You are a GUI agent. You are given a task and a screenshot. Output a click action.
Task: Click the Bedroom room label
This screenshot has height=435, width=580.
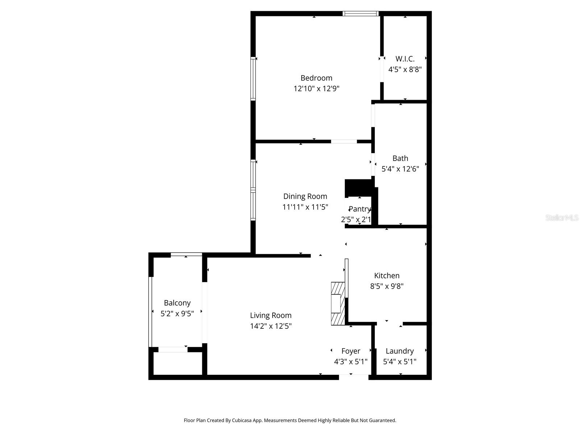click(316, 78)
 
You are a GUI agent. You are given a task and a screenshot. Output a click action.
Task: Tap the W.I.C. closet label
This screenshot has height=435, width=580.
click(405, 59)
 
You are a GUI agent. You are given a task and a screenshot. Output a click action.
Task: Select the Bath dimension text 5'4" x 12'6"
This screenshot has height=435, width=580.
click(400, 169)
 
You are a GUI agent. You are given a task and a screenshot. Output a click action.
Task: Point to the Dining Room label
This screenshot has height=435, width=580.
click(305, 196)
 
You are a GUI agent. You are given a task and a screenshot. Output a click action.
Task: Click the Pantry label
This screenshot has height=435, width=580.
click(359, 209)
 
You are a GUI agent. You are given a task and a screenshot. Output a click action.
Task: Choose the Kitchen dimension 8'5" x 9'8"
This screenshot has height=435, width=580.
click(387, 286)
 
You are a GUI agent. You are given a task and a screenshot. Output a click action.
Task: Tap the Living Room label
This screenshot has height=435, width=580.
click(270, 316)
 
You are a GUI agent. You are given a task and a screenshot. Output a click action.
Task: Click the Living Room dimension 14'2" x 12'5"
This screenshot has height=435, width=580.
click(270, 326)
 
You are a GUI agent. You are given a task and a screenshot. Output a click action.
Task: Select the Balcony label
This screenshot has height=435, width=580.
click(177, 303)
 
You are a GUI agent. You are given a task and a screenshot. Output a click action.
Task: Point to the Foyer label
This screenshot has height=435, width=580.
click(351, 351)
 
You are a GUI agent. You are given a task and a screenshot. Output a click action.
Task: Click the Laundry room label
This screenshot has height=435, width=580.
click(399, 351)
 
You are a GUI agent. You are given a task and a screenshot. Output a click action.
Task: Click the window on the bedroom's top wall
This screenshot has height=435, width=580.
click(361, 14)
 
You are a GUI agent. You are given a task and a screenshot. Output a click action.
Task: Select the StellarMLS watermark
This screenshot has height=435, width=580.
click(562, 218)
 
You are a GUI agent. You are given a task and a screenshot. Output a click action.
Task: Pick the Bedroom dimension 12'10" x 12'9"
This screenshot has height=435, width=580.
click(316, 88)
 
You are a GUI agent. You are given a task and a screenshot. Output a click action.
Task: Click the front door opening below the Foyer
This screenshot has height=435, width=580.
click(353, 377)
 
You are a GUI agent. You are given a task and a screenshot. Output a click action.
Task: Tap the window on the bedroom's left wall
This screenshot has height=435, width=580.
click(253, 79)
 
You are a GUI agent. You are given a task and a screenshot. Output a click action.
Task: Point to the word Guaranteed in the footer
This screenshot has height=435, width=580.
click(383, 420)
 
